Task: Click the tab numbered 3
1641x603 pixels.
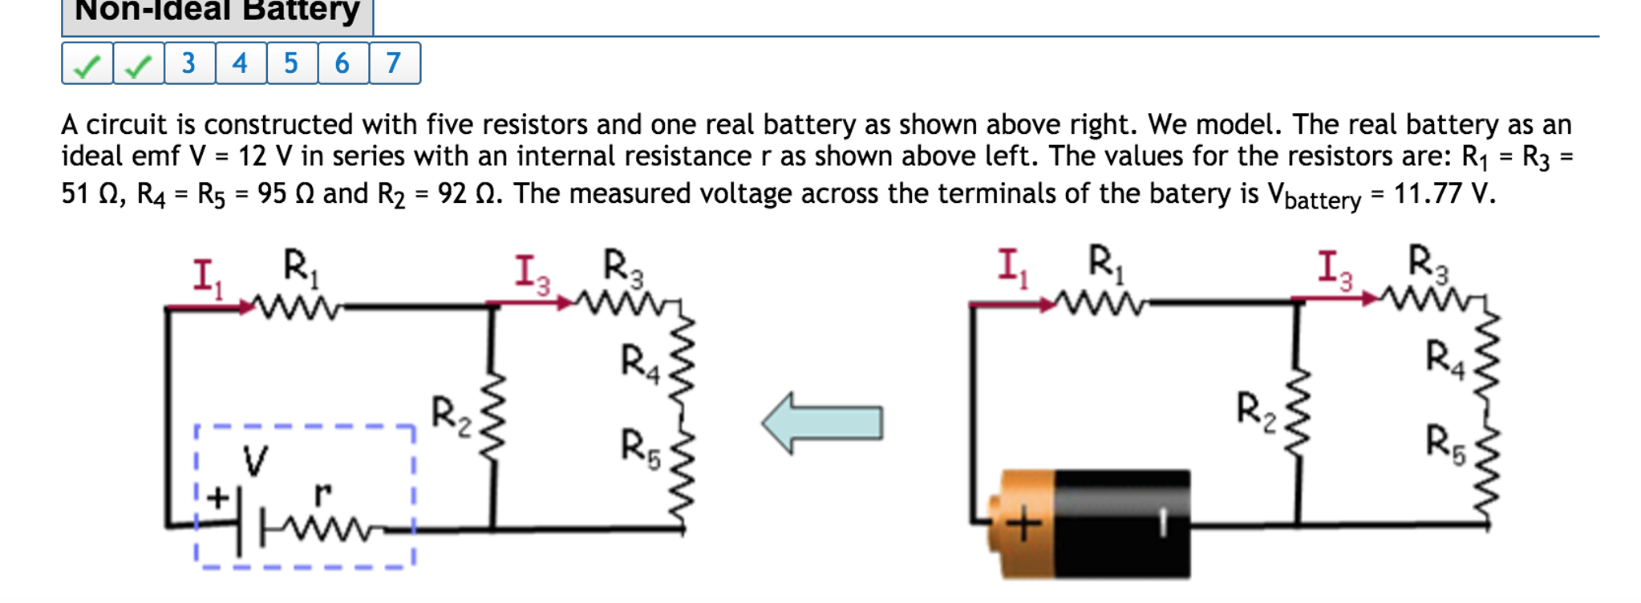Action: [189, 63]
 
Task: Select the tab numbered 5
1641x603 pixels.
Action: [291, 63]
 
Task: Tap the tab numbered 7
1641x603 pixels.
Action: [393, 63]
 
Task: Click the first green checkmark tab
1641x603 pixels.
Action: [87, 64]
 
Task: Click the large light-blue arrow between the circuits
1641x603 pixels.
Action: [822, 423]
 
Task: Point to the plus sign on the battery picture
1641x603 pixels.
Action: [1023, 525]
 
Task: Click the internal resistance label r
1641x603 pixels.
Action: [322, 494]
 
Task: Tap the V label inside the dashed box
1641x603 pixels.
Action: [255, 462]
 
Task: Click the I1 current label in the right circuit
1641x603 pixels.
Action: [1012, 268]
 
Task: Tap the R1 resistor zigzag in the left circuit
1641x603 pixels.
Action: [296, 307]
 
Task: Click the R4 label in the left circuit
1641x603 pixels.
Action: [640, 362]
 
